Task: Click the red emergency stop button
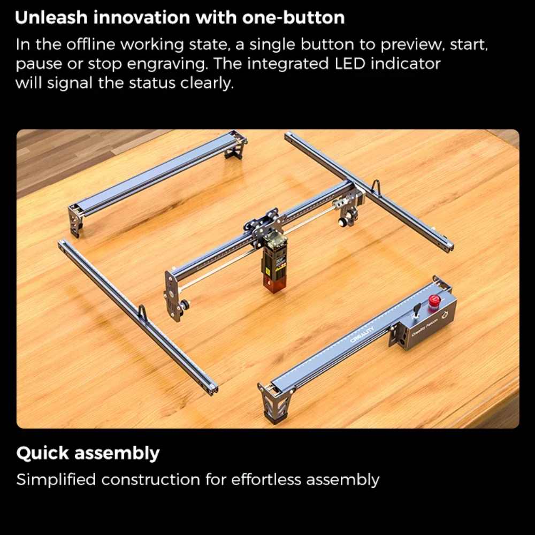click(434, 302)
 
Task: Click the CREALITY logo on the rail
click(362, 335)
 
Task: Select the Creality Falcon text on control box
click(424, 327)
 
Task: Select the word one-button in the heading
click(293, 18)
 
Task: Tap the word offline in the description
click(91, 45)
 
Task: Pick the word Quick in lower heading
click(43, 454)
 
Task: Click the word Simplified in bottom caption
click(56, 480)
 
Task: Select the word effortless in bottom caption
click(266, 479)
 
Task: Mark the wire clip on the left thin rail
click(143, 313)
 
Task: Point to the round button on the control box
click(445, 315)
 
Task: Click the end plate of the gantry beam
click(172, 295)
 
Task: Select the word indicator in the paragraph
click(406, 64)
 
